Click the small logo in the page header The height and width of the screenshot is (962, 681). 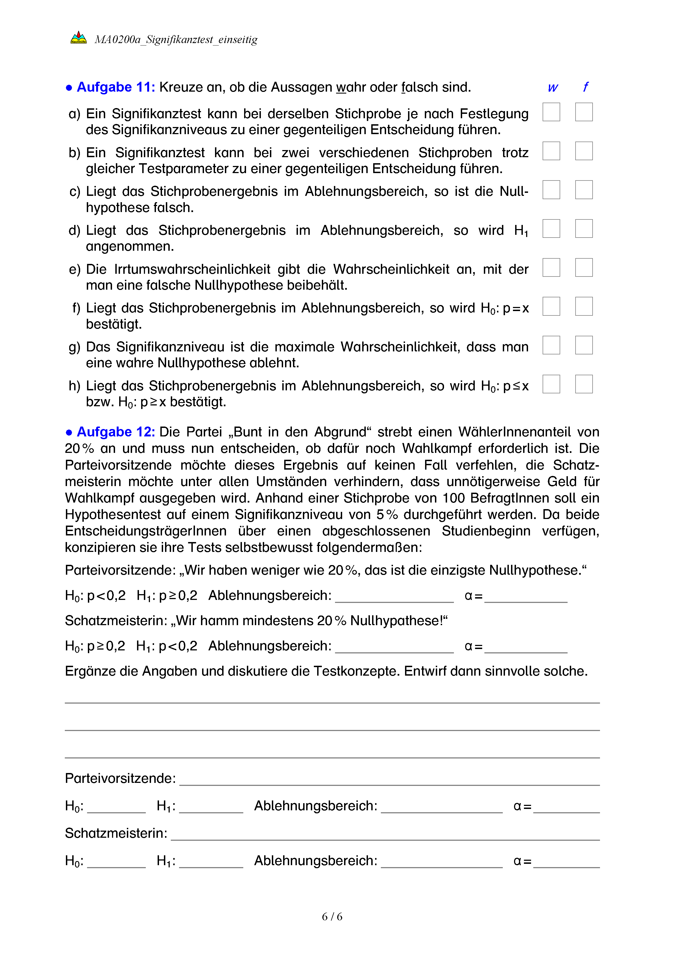79,38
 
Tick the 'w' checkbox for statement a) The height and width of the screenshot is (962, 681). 551,112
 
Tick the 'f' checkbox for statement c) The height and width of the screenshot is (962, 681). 584,190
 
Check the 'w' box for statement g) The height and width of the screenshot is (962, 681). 551,345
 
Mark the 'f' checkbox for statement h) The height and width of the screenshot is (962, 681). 584,384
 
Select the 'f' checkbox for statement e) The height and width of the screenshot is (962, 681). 584,268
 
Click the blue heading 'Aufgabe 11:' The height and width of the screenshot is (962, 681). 116,87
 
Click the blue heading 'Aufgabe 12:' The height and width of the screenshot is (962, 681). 116,432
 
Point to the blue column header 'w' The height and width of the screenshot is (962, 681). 553,88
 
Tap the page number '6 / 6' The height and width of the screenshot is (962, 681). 332,916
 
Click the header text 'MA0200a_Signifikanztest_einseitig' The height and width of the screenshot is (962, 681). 176,40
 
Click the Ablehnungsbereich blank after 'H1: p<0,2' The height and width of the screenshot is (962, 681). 394,648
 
